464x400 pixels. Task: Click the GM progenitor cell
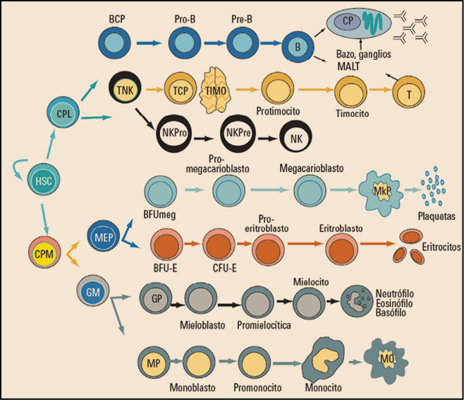point(92,291)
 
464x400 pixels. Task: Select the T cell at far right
point(408,93)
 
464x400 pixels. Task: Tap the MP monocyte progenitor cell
point(153,362)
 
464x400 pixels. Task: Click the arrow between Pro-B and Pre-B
point(212,44)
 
